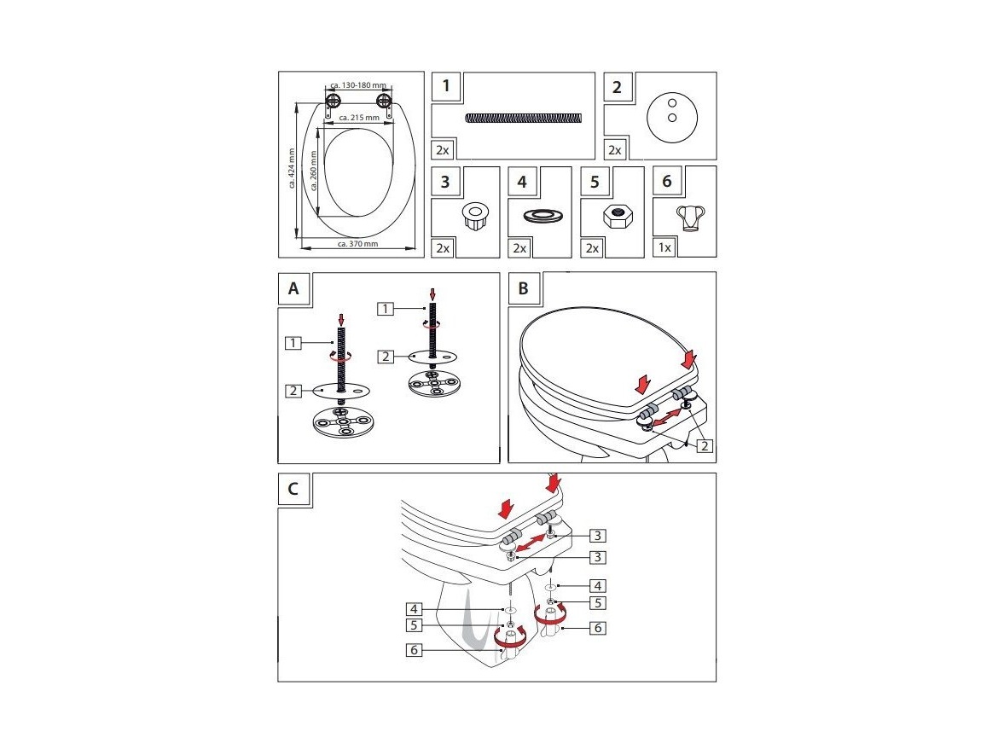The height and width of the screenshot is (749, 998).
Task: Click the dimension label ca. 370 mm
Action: (x=357, y=244)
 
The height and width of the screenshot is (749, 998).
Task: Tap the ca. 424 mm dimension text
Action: (x=292, y=168)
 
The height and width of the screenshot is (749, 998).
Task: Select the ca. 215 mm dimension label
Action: (x=357, y=117)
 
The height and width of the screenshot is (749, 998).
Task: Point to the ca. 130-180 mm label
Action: (x=358, y=85)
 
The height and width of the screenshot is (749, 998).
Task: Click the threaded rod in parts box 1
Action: (x=525, y=118)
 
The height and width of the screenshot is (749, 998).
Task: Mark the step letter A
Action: (x=293, y=288)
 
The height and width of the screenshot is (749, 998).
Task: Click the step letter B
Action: (x=524, y=288)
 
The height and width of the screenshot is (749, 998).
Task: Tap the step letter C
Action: (x=293, y=489)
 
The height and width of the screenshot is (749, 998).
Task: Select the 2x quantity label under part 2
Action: (x=615, y=149)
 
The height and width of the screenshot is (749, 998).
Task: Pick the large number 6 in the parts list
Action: (x=667, y=182)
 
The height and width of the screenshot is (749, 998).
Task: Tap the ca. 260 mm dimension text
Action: (x=314, y=171)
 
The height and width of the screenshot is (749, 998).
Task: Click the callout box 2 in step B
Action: (x=705, y=445)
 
